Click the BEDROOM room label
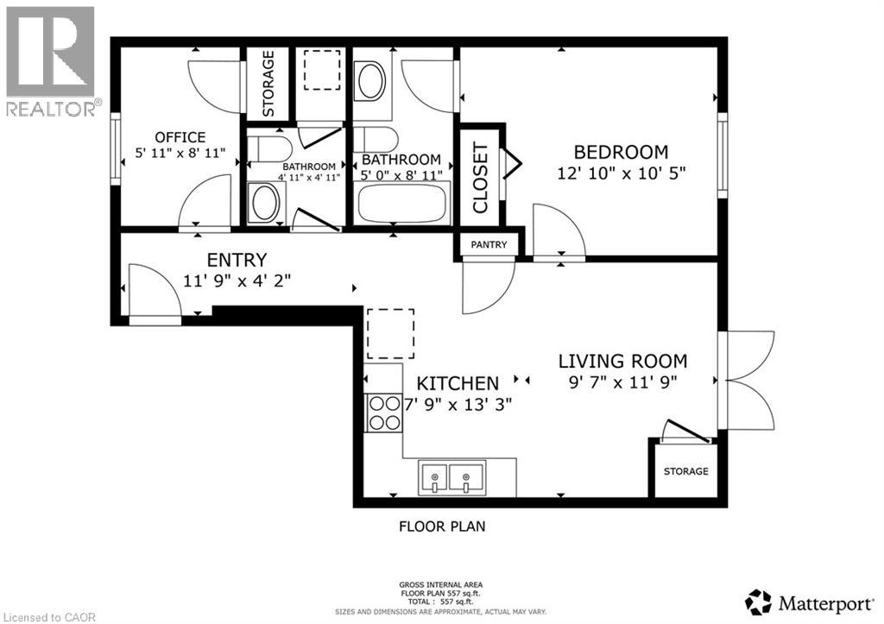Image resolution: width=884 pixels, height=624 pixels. pos(612,151)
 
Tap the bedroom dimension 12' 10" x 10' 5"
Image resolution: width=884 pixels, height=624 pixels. pos(612,173)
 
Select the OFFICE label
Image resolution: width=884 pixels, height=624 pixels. pos(180,137)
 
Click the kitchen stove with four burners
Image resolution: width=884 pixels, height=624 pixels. pos(383,413)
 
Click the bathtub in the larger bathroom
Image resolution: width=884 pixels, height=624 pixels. pos(402,203)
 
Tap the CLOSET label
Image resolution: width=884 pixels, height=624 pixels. pos(480,177)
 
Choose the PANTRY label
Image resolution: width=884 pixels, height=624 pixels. pos(489,245)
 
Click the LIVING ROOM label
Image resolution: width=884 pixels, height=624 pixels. pos(622,361)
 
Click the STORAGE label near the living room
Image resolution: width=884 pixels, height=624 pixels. pos(686,471)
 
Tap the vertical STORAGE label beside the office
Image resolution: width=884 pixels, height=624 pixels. pos(268,83)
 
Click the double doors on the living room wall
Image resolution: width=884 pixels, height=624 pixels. pos(748,380)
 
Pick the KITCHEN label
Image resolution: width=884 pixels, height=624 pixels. pos(458,383)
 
